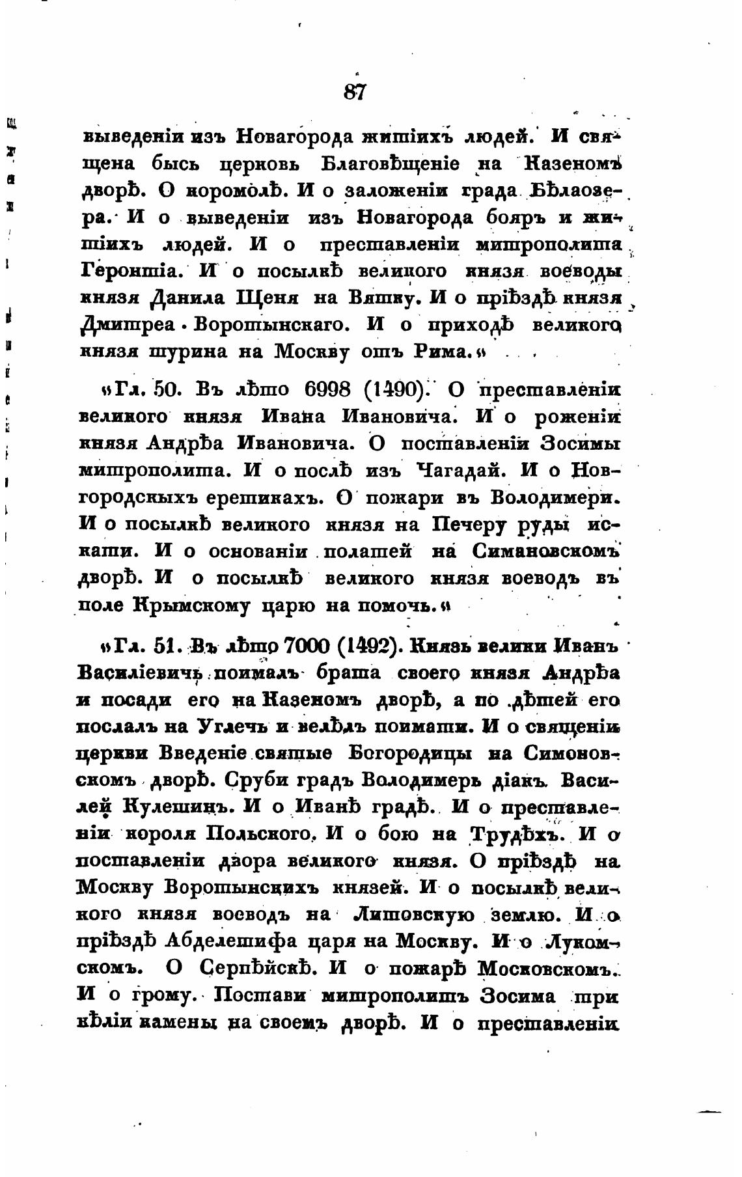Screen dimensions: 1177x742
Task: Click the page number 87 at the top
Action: (355, 92)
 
